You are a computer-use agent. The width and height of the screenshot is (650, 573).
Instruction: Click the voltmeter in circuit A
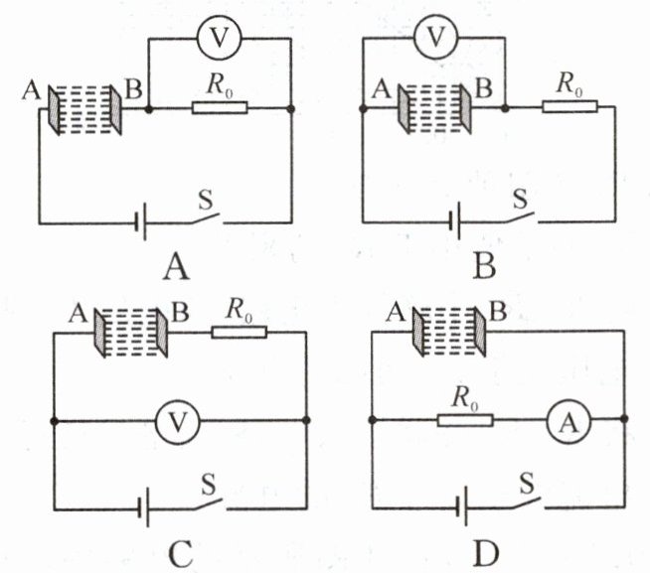[219, 38]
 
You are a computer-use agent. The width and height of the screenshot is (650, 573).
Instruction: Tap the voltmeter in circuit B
[435, 37]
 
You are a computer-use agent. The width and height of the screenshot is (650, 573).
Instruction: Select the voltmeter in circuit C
[178, 422]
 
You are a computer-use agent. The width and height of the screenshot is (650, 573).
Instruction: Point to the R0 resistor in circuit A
[220, 107]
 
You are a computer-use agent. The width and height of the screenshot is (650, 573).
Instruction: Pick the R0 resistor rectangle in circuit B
[570, 106]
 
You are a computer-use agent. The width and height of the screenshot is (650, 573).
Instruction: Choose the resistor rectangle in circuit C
[240, 333]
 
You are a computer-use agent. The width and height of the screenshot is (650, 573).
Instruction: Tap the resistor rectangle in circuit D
[465, 420]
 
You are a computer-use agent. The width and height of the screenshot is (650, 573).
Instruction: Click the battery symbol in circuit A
[140, 223]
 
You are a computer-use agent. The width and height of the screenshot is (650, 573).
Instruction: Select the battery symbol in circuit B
[455, 221]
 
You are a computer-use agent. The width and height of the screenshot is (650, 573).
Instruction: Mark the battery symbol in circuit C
[143, 507]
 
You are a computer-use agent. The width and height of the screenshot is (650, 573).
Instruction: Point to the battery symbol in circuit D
[461, 506]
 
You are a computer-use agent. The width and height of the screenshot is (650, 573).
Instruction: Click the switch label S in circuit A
[206, 201]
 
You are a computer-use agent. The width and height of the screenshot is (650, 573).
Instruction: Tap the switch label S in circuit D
[527, 484]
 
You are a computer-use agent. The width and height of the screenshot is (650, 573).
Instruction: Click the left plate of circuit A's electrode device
[54, 110]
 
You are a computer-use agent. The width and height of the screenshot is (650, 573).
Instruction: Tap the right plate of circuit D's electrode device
[480, 332]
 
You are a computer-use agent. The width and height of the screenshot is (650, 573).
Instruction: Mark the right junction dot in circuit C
[306, 420]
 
